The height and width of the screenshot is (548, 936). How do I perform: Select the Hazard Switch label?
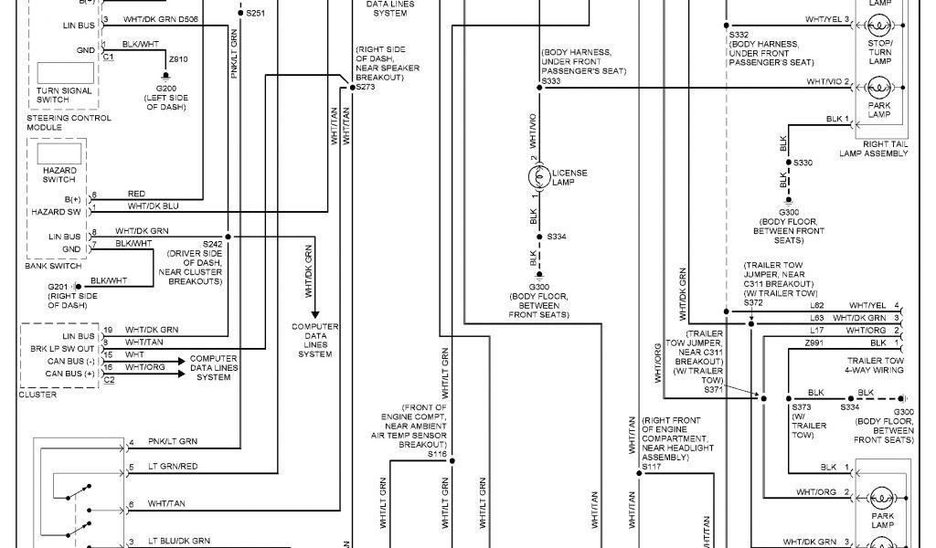(x=59, y=174)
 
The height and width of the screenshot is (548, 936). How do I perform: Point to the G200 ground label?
(x=165, y=90)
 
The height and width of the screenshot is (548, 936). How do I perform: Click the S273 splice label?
(x=365, y=86)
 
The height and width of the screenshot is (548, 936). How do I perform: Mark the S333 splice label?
(x=551, y=81)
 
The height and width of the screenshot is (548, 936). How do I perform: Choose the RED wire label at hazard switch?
(x=137, y=194)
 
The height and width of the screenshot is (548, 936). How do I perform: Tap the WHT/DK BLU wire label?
(x=154, y=206)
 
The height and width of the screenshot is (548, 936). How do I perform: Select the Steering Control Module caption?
(x=69, y=122)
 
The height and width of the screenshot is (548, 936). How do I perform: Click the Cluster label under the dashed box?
(x=37, y=395)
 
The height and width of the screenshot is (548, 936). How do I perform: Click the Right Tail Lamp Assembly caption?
(x=873, y=149)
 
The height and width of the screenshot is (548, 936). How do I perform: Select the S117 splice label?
(x=651, y=467)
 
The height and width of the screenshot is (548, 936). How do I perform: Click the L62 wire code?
(x=817, y=305)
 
